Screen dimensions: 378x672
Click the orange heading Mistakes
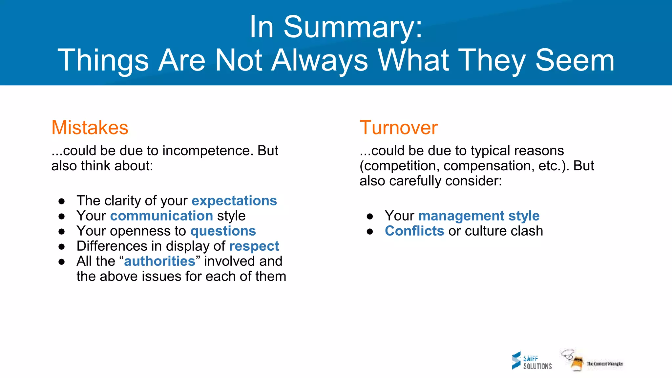pos(90,128)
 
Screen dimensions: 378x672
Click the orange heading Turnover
pos(398,128)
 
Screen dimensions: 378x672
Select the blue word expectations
pos(234,201)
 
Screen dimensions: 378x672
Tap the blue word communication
pos(161,216)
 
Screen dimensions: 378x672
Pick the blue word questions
pos(223,231)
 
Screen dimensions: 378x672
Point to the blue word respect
pos(254,246)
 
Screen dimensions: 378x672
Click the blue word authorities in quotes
pos(159,261)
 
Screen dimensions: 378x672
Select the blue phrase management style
pos(479,216)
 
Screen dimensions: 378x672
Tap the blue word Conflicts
pos(414,231)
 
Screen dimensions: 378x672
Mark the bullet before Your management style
pos(370,216)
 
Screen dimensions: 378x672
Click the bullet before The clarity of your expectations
pos(61,201)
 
